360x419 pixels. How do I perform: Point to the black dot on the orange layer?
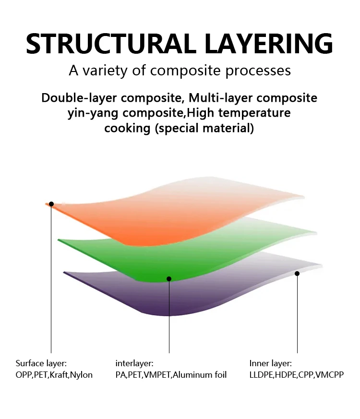51,204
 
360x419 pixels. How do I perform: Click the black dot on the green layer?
169,279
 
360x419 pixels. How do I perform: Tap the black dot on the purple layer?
297,274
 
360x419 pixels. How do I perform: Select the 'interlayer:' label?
134,363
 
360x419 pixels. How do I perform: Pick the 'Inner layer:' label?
270,363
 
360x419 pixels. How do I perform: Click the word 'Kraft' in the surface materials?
59,375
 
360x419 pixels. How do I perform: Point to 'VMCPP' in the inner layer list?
329,375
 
